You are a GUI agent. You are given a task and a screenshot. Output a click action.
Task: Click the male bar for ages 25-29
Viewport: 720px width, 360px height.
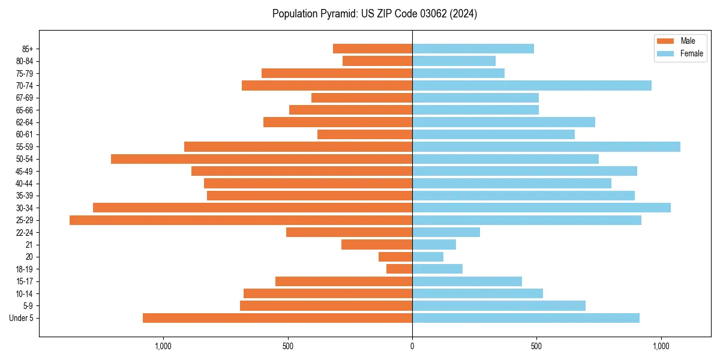click(x=241, y=220)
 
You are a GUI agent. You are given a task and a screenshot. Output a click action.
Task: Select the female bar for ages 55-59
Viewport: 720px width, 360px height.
click(x=546, y=147)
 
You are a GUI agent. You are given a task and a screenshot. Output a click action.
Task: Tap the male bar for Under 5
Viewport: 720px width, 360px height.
click(x=277, y=318)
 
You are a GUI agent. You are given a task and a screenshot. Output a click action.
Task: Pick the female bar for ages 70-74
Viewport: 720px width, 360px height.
click(x=532, y=86)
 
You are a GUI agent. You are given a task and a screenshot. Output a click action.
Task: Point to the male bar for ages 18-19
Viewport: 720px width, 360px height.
click(x=399, y=269)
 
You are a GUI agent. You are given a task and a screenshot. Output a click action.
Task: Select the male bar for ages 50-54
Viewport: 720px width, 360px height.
click(x=262, y=159)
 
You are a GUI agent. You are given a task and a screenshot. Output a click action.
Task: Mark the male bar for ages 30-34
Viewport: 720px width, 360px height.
click(x=253, y=208)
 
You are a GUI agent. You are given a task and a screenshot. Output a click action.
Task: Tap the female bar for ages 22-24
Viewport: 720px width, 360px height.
click(x=446, y=232)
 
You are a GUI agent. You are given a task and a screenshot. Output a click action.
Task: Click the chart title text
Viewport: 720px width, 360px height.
click(x=374, y=14)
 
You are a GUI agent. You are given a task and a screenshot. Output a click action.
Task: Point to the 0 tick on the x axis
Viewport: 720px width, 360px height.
click(x=412, y=346)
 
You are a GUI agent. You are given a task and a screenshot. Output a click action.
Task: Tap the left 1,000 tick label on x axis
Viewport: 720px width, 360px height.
click(x=163, y=346)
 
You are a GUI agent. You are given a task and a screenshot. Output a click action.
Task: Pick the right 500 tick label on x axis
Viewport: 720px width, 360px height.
click(x=536, y=346)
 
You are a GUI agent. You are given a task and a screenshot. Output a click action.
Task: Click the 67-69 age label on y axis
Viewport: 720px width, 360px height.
click(x=25, y=98)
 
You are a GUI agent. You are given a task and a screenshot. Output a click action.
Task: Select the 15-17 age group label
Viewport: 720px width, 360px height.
click(x=25, y=281)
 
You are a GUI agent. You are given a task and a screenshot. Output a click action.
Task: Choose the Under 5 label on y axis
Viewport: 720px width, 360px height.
click(x=22, y=318)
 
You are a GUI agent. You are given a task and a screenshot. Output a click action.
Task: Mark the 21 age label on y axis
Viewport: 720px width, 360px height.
click(x=29, y=245)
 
